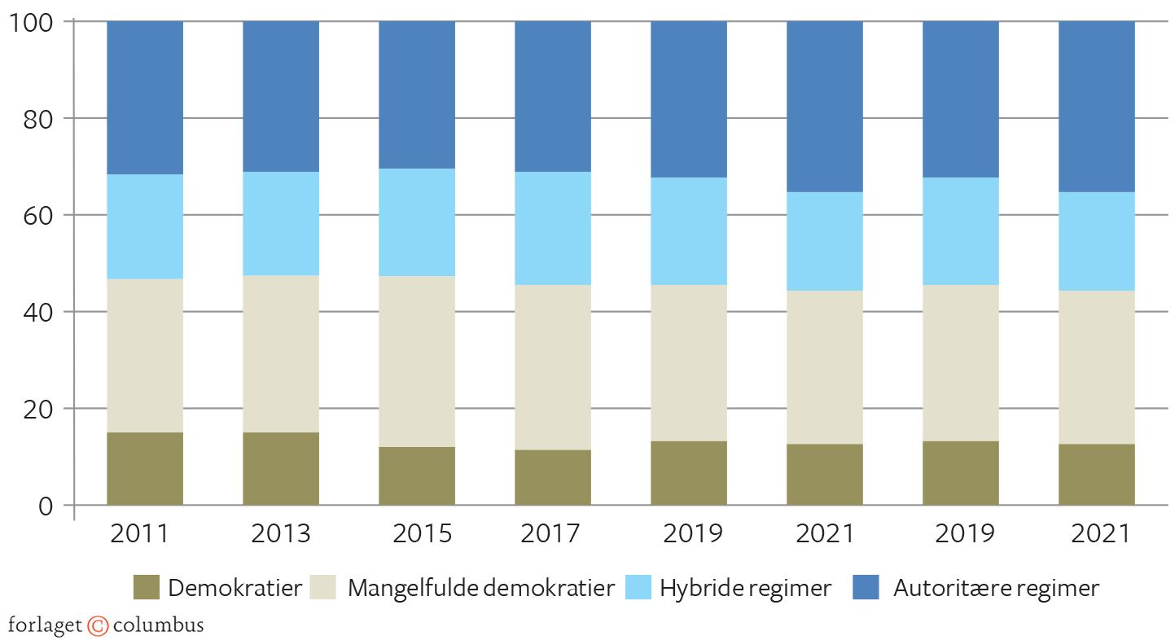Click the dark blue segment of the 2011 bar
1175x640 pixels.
145,98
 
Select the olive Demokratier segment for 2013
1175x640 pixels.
281,468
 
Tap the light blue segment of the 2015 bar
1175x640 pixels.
417,222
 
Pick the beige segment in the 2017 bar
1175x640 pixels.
553,367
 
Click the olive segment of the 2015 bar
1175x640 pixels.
417,476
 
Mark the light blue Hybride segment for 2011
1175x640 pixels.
145,227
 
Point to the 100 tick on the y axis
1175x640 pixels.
31,22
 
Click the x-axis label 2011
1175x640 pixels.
139,533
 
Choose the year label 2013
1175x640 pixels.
281,533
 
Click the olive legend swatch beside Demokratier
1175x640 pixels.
146,587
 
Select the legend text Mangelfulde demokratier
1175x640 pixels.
480,588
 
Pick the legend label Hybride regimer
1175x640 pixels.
745,588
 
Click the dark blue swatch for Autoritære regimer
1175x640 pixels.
866,587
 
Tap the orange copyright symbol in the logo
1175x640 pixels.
98,625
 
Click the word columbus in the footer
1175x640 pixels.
158,625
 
